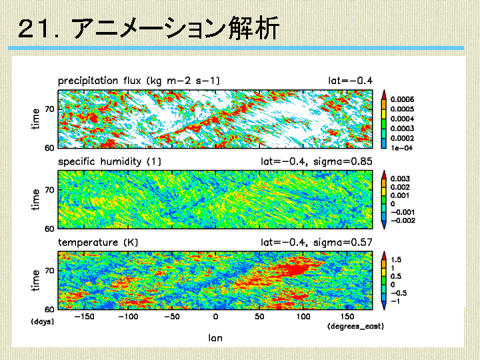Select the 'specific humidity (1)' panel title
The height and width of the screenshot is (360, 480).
(x=109, y=161)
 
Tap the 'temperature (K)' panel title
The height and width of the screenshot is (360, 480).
(x=98, y=243)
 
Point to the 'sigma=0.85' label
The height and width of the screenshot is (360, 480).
(x=343, y=161)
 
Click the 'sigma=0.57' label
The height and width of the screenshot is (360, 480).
(x=343, y=243)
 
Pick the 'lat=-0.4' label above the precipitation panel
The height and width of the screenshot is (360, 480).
(x=350, y=81)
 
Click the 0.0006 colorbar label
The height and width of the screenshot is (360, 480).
(x=402, y=99)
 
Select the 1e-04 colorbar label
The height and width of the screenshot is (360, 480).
(x=401, y=148)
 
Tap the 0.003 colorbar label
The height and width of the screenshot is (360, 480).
(x=400, y=179)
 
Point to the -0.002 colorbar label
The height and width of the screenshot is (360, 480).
(x=403, y=221)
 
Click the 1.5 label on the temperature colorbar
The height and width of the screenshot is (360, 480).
(x=396, y=260)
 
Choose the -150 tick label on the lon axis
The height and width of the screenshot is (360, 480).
(x=85, y=317)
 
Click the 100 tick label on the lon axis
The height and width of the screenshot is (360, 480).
(x=303, y=317)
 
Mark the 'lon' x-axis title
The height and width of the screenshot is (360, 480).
(x=215, y=338)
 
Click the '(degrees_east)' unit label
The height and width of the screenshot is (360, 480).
(x=355, y=326)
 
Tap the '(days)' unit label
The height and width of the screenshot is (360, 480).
(x=42, y=321)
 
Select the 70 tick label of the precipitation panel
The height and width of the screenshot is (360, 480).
(x=49, y=109)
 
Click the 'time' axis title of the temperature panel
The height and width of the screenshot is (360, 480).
(x=36, y=280)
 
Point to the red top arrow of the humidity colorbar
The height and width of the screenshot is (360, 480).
(x=384, y=175)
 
